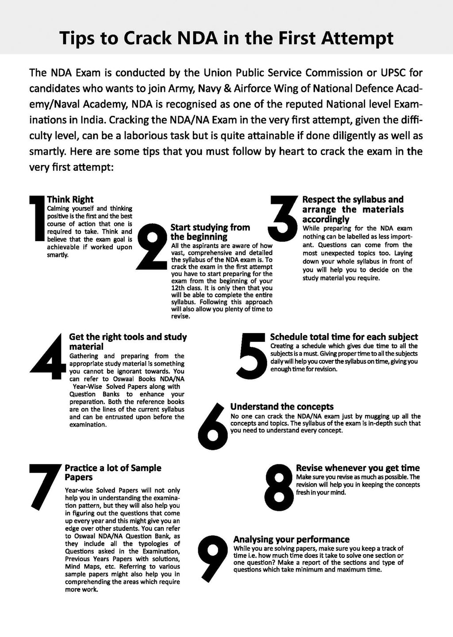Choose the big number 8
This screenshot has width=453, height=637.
[x=277, y=485]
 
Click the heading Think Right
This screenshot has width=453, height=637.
[x=70, y=200]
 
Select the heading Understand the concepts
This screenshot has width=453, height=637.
[x=282, y=407]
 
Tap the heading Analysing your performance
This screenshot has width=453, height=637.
[x=291, y=539]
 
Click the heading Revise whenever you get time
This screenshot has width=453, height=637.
[x=357, y=468]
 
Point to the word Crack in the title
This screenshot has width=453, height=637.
[x=146, y=39]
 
